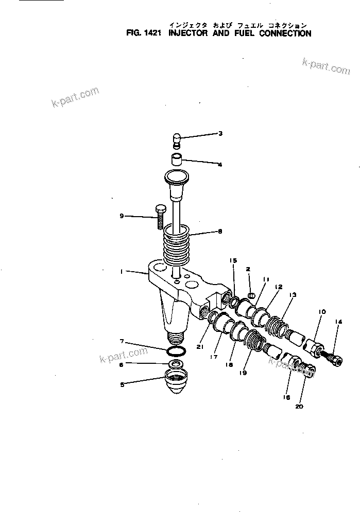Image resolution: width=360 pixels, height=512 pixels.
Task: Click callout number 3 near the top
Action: point(220,134)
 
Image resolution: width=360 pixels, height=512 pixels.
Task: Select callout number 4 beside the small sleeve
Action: point(220,165)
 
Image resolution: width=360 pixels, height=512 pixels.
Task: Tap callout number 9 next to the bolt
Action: point(122,216)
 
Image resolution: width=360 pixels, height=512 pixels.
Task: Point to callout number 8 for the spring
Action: point(220,232)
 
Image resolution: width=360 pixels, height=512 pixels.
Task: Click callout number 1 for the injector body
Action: point(122,272)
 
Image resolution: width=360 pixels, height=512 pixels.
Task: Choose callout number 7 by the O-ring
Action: point(122,342)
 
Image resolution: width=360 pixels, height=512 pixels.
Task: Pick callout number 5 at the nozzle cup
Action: point(122,383)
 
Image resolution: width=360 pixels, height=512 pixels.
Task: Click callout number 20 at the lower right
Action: point(299,406)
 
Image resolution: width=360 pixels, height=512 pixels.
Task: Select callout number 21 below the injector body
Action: point(200,347)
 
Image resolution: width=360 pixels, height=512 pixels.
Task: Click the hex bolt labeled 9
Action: point(159,216)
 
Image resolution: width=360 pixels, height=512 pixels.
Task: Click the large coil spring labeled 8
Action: point(177,244)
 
